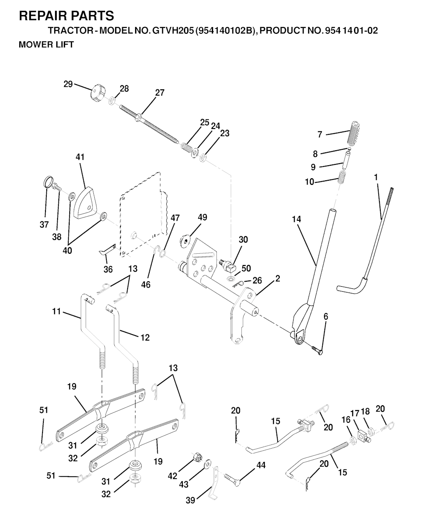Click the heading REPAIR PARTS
66,16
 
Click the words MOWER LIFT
46,45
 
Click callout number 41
80,157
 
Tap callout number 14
296,219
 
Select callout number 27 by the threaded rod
160,93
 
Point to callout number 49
202,217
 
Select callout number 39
190,500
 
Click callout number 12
145,338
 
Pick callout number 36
108,270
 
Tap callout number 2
278,278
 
